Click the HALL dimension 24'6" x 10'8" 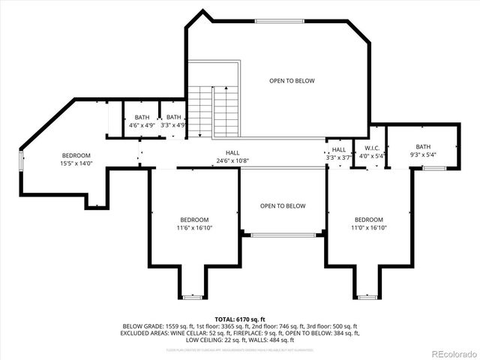(x=232, y=160)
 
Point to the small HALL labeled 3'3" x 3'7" (x=339, y=150)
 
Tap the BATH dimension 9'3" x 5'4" (x=424, y=154)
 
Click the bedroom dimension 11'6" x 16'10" (x=194, y=227)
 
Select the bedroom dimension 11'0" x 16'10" (x=369, y=227)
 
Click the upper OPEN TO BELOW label (x=292, y=81)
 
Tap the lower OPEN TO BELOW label (x=283, y=205)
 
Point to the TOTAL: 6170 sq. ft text (x=240, y=319)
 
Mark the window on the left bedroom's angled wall (x=22, y=160)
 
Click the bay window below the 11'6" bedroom (x=193, y=297)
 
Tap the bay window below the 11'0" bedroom (x=366, y=297)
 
